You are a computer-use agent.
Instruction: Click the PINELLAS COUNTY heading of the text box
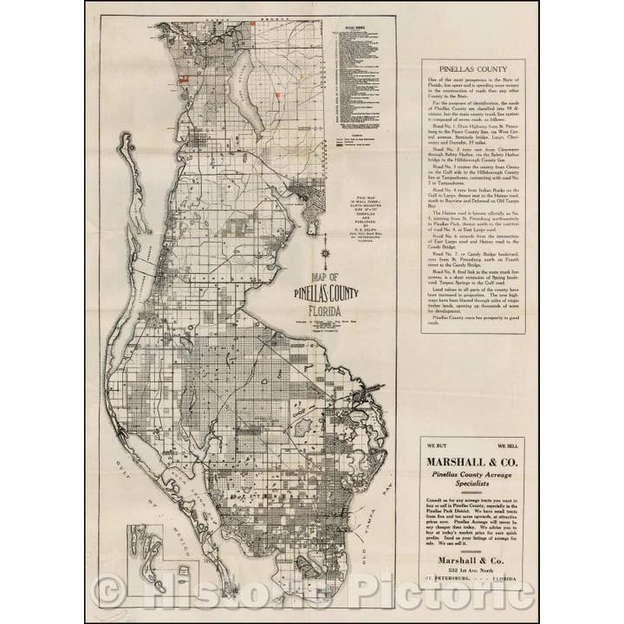click(473, 68)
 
